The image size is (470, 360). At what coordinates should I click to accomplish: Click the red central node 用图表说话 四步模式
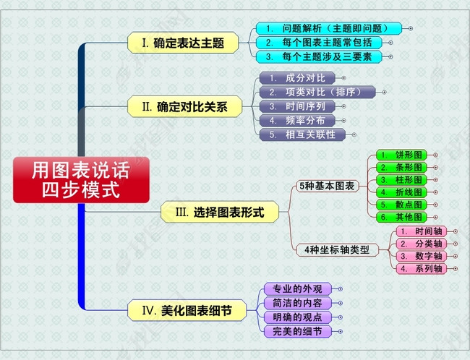80,179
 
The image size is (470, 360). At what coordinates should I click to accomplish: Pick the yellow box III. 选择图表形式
220,213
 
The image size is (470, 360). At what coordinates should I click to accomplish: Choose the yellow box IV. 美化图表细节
187,311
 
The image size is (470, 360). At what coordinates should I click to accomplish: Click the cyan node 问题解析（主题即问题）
328,28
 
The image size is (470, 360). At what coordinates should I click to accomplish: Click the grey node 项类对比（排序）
317,92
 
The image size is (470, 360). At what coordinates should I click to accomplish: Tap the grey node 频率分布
296,120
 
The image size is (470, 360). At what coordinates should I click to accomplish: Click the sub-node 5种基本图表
327,186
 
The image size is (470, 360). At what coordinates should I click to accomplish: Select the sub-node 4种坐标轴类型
337,249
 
